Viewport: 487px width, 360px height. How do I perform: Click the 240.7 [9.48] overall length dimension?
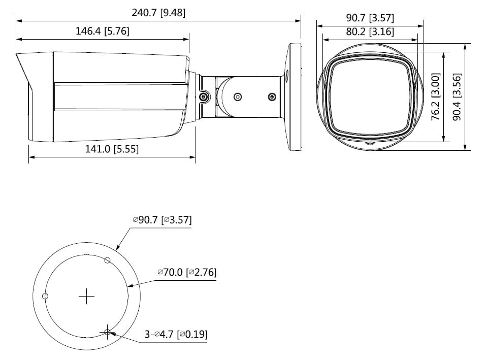point(158,13)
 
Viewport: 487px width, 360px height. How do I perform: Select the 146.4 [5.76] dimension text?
point(103,31)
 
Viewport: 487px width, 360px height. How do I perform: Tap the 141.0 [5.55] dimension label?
point(112,149)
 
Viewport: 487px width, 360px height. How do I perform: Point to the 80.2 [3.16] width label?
point(370,31)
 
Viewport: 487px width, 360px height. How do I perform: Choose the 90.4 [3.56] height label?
point(457,96)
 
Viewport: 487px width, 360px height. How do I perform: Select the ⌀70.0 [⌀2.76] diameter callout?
point(186,272)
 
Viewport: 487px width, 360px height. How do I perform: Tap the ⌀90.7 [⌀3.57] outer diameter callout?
point(162,220)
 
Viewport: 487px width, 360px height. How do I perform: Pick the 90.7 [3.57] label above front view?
point(370,18)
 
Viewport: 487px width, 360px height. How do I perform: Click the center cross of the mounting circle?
point(87,296)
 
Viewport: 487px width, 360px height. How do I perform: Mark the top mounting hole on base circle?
point(107,260)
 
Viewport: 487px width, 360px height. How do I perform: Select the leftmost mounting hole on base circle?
point(45,296)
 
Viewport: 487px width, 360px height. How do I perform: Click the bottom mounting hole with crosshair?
point(107,332)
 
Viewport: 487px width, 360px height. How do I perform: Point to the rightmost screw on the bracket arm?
point(272,96)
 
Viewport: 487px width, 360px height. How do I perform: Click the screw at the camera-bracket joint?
point(204,96)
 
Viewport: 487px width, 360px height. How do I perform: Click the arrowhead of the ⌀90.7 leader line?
point(118,248)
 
